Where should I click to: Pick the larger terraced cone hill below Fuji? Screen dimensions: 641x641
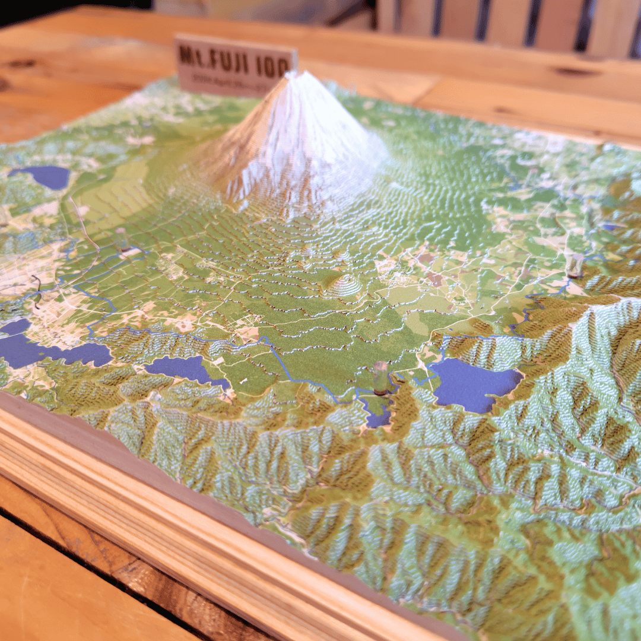(343, 286)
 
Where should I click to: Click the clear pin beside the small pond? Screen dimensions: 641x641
(380, 377)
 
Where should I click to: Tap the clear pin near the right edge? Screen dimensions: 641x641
(574, 266)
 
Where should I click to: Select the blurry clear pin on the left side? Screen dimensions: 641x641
(122, 239)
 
